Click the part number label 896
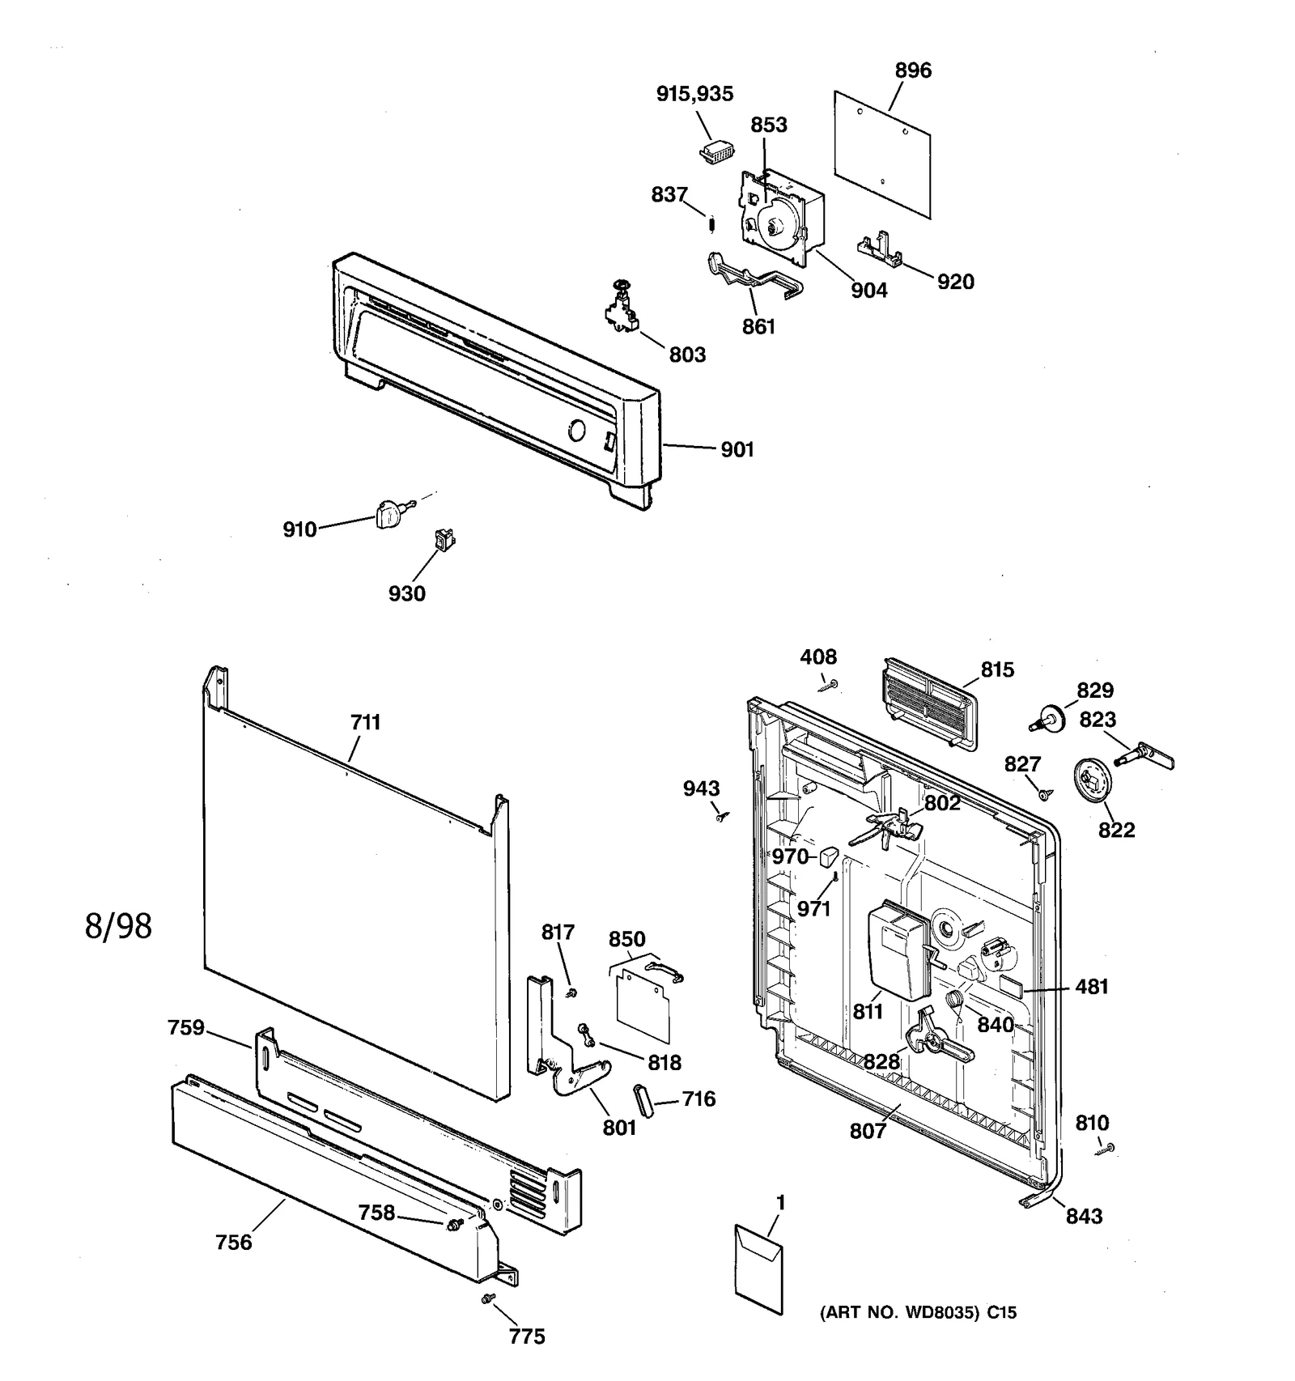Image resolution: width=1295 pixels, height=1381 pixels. point(913,70)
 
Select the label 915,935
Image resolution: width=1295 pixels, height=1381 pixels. point(694,94)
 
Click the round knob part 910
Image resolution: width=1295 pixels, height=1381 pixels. point(389,513)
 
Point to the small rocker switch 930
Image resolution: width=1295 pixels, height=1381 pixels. point(444,539)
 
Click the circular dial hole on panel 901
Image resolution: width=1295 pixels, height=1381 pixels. point(576,430)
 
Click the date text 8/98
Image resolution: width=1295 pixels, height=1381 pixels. point(118,926)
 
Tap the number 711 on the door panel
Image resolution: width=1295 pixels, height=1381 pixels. point(365,722)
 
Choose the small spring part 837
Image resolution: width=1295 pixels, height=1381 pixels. point(711,223)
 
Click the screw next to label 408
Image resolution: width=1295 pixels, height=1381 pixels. point(829,686)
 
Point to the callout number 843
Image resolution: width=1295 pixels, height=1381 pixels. point(1083,1216)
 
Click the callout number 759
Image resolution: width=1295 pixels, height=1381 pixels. point(185,1028)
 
